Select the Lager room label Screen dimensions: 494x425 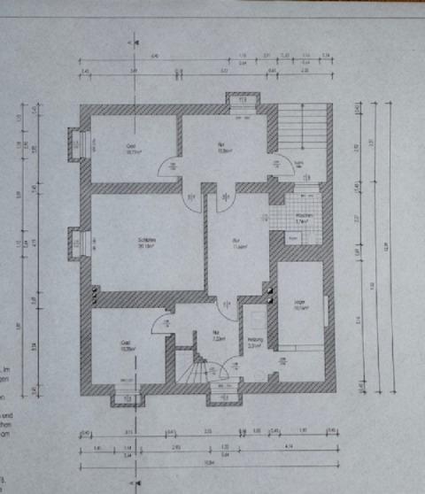click(299, 303)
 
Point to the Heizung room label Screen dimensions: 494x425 click(254, 341)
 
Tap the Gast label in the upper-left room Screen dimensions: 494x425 click(130, 147)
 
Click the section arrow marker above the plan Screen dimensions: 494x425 click(135, 42)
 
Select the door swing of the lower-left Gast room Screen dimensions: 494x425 click(161, 325)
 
